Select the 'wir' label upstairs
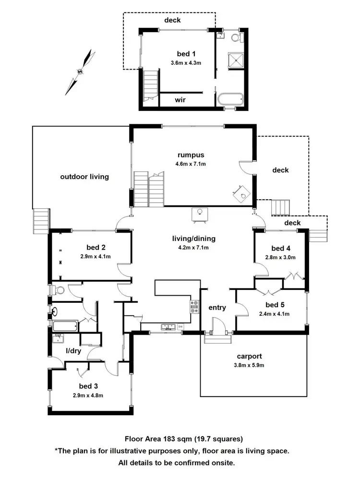180,100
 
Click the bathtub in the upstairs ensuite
230,100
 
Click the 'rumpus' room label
191,155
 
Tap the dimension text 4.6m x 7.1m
191,164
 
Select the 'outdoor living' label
84,177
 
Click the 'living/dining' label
194,239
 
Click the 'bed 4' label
281,248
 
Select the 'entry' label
217,308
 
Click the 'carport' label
249,356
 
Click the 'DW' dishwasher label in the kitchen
180,327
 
